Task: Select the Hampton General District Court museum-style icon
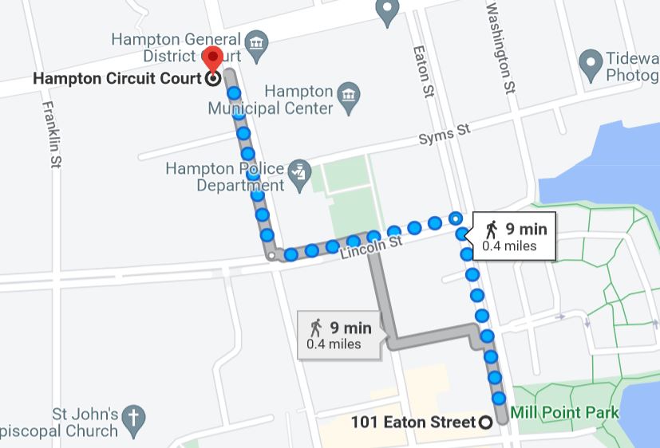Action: click(x=256, y=42)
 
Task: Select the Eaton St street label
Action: click(x=422, y=71)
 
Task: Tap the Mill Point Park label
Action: click(x=565, y=413)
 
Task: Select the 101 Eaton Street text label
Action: click(x=413, y=422)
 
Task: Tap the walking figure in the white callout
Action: click(x=491, y=230)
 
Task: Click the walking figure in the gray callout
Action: click(x=317, y=328)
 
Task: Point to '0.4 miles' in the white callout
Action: click(x=509, y=246)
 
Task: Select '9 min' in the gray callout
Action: click(x=351, y=328)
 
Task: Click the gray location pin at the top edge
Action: click(x=387, y=12)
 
